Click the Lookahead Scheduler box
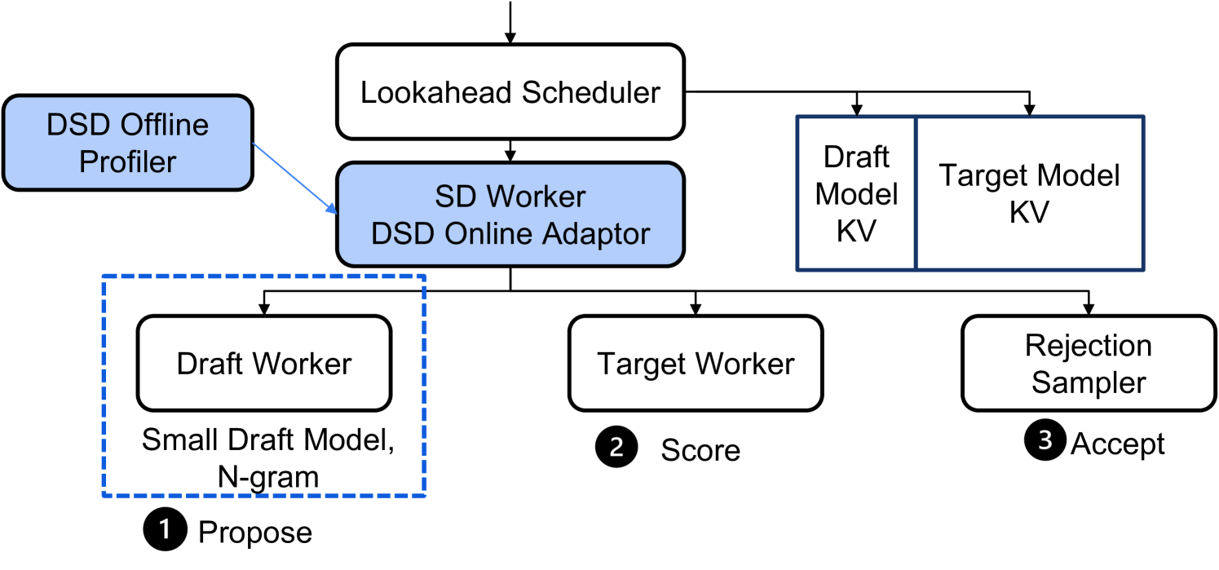(x=510, y=92)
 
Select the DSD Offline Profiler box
(x=127, y=143)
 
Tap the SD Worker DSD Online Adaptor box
(x=510, y=214)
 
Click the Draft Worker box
(x=264, y=363)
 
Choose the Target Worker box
(x=695, y=363)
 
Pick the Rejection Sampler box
(x=1088, y=363)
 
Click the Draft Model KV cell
(x=856, y=193)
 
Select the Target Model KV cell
(x=1029, y=193)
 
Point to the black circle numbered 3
(x=1045, y=441)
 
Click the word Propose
(x=255, y=532)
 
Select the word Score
(x=700, y=450)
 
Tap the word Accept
(x=1117, y=444)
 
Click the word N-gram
(x=268, y=476)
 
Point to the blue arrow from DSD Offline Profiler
(x=294, y=178)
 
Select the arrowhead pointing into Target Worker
(x=695, y=311)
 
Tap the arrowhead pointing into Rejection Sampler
(x=1088, y=311)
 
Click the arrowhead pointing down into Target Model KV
(x=1030, y=109)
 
